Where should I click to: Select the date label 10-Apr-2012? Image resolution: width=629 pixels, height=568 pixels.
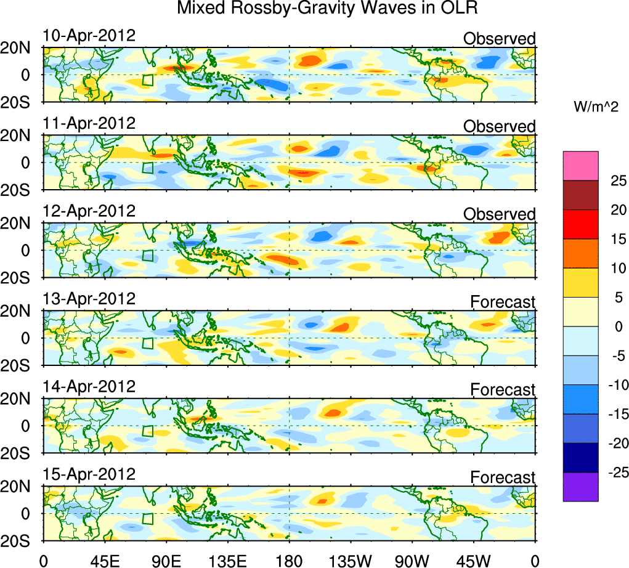point(89,35)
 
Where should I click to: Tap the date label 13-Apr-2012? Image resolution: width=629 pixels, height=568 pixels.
point(89,299)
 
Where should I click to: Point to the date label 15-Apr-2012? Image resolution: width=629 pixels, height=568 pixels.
point(89,475)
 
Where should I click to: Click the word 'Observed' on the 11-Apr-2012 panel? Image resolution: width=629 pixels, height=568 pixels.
point(499,126)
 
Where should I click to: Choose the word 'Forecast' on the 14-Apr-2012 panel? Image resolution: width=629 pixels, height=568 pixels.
point(503,390)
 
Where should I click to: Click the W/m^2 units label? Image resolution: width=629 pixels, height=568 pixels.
point(596,107)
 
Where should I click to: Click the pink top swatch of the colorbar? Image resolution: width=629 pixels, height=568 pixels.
point(580,166)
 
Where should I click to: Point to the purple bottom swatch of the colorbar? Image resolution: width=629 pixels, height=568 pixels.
point(580,487)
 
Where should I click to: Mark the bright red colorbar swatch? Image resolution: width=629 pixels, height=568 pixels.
point(580,224)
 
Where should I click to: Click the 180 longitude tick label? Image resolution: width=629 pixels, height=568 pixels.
point(289,559)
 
